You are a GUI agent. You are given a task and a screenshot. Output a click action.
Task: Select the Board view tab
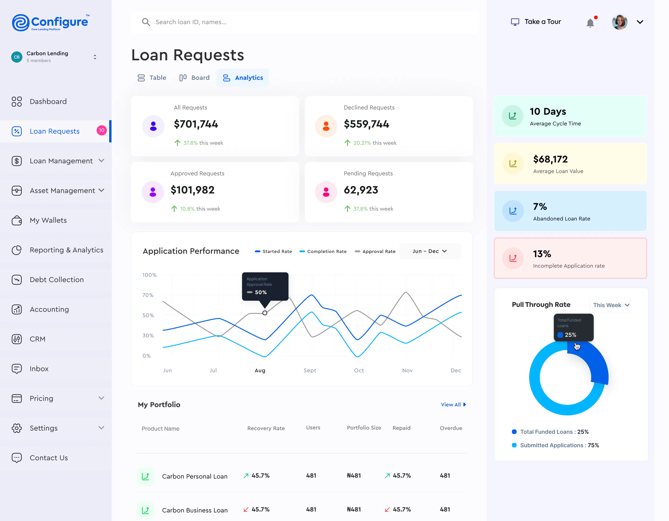(x=194, y=78)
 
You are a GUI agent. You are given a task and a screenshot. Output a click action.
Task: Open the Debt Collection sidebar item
(x=56, y=280)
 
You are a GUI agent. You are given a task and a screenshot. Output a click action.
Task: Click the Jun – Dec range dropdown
(x=430, y=251)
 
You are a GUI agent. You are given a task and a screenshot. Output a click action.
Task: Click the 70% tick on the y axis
(x=148, y=295)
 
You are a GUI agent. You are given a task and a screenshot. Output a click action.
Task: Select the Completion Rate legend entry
(x=323, y=251)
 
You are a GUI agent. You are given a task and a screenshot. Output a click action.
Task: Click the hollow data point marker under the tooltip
(x=265, y=313)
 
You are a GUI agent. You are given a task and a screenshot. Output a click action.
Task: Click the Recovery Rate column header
(x=266, y=428)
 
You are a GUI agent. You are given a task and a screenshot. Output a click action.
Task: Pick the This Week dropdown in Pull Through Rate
(x=610, y=305)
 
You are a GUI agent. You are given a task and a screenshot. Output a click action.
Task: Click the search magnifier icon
(x=146, y=22)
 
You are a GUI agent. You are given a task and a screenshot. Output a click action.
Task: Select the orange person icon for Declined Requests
(x=326, y=126)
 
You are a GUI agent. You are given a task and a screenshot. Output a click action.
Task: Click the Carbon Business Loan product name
(x=195, y=510)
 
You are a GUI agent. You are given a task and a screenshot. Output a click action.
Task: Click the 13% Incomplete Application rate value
(x=542, y=254)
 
